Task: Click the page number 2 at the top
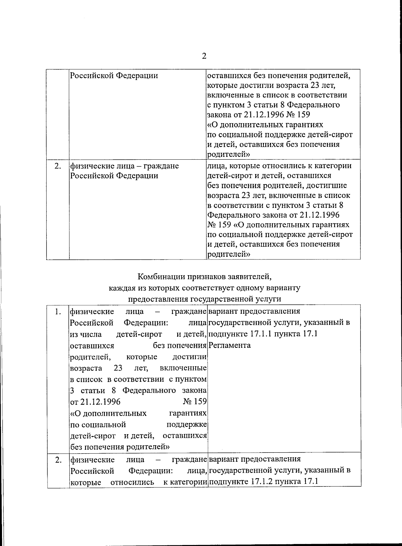204,56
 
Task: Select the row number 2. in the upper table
58,166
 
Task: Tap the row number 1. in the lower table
58,312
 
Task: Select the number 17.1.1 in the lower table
261,334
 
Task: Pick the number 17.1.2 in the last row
262,482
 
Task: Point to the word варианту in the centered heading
285,288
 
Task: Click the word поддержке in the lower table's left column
186,425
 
